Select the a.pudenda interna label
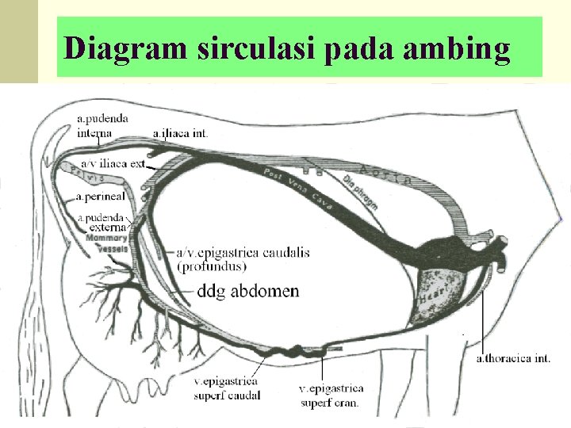click(x=103, y=126)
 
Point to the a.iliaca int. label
click(x=181, y=133)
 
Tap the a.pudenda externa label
click(x=102, y=222)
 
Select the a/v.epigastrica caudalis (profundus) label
click(x=243, y=259)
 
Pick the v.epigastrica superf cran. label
click(x=331, y=395)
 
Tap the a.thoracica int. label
click(x=513, y=358)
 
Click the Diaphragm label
click(x=360, y=193)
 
